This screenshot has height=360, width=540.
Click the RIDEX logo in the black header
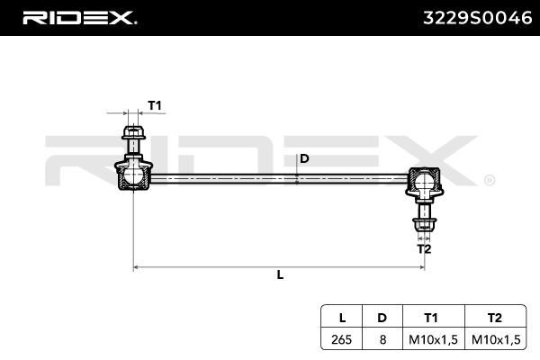(x=79, y=18)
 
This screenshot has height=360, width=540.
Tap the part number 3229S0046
(x=478, y=18)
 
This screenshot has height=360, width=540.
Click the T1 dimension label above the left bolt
(x=155, y=105)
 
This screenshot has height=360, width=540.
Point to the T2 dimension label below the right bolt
(x=424, y=248)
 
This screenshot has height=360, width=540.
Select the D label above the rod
(x=304, y=158)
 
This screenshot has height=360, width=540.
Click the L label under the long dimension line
(x=280, y=274)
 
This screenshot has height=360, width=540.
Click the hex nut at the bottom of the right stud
(x=424, y=225)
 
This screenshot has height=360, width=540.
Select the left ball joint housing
(x=133, y=175)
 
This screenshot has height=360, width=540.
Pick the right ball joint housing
(x=424, y=182)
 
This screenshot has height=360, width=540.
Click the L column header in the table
(x=342, y=318)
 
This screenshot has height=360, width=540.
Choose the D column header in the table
(x=382, y=318)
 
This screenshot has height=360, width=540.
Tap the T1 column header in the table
(x=431, y=318)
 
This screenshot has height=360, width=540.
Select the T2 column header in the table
(x=494, y=318)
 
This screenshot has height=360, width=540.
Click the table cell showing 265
(x=342, y=339)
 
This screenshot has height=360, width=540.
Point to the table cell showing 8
(x=382, y=339)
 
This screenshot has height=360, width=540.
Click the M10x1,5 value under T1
(x=433, y=339)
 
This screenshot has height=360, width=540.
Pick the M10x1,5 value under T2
(x=496, y=339)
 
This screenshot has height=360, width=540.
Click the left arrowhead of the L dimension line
(x=136, y=267)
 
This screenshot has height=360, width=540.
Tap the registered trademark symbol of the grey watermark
(x=490, y=181)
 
